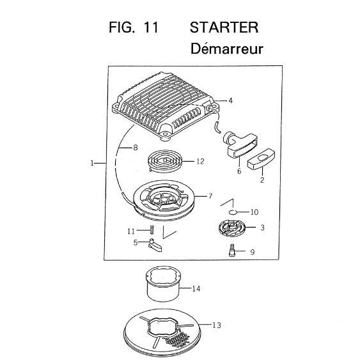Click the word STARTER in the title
click(224, 27)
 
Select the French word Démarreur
click(226, 49)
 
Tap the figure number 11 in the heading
click(151, 27)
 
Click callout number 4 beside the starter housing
click(230, 101)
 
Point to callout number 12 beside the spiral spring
click(200, 161)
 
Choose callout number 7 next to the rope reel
click(210, 196)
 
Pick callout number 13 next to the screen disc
click(217, 325)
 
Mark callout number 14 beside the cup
click(196, 289)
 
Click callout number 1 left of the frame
click(92, 164)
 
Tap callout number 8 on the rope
click(136, 148)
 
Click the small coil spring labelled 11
click(152, 229)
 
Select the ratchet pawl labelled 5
click(155, 245)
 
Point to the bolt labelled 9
click(231, 250)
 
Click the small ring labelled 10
click(232, 212)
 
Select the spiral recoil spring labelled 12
click(165, 161)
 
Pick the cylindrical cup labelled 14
click(164, 284)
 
